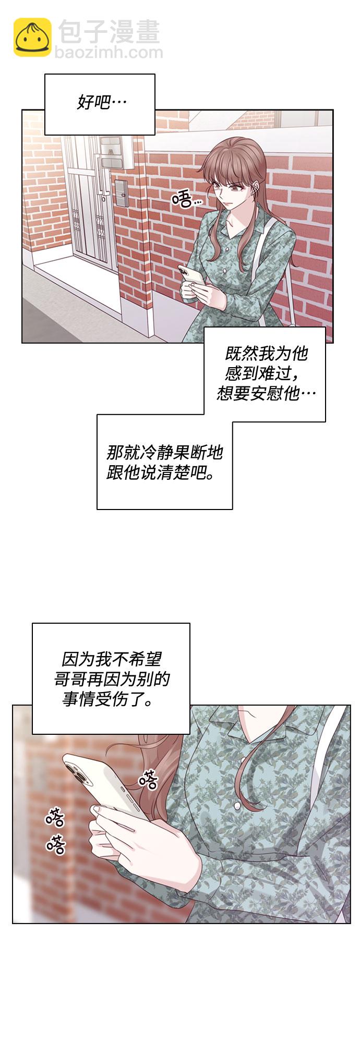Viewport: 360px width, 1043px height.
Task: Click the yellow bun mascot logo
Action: click(32, 37)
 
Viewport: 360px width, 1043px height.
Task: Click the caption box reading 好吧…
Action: click(100, 104)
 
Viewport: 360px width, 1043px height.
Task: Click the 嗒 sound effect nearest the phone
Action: click(148, 780)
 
